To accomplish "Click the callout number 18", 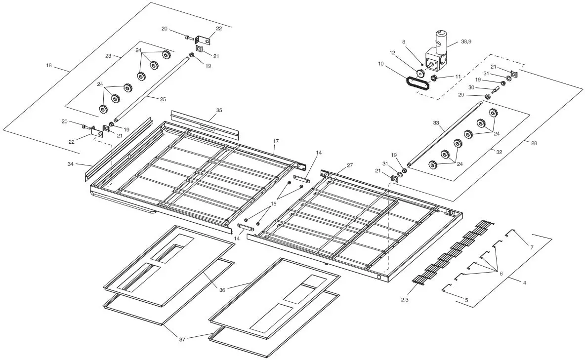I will coord(48,65).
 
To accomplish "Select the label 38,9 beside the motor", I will coord(466,42).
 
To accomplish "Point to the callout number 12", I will coord(392,52).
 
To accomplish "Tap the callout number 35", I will coord(219,110).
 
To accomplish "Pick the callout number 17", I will coord(276,141).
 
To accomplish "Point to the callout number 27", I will coord(350,165).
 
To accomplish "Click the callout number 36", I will coord(222,290).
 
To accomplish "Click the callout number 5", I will coord(466,300).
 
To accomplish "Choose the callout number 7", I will coord(532,247).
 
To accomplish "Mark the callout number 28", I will coord(534,143).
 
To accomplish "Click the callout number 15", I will coord(273,203).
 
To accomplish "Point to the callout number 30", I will coord(471,87).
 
